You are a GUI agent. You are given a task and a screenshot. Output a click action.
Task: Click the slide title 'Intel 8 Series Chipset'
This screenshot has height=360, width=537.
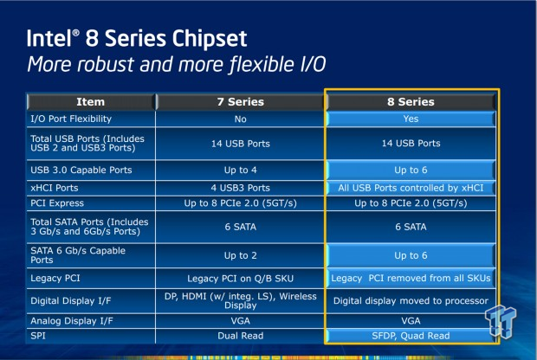137,38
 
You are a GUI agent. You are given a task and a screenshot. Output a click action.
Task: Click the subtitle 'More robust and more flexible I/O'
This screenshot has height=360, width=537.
176,64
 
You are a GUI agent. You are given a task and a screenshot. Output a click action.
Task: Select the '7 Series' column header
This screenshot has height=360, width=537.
241,101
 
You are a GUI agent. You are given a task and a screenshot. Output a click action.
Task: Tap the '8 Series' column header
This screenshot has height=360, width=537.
411,101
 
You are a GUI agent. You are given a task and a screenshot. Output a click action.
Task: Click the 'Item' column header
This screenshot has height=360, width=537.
90,101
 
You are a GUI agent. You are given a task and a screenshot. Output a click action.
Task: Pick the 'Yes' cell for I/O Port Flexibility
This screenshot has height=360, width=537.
411,119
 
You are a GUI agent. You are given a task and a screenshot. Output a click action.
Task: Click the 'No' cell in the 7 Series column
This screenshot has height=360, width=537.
241,119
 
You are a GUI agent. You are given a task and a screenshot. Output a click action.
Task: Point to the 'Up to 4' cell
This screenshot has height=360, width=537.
241,170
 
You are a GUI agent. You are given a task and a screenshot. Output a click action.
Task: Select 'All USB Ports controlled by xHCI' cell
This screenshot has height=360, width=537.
411,188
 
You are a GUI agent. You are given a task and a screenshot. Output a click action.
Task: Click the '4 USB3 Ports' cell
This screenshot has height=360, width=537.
241,188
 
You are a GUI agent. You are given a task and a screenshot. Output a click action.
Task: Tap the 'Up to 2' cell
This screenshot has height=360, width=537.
241,255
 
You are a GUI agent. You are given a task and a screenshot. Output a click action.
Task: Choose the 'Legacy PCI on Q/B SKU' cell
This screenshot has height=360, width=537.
241,279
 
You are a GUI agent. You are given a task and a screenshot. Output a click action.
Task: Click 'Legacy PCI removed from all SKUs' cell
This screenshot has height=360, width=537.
411,278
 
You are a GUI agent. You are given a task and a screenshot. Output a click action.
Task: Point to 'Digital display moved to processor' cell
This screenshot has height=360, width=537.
411,301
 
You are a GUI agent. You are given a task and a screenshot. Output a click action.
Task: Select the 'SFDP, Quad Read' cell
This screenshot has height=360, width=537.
411,336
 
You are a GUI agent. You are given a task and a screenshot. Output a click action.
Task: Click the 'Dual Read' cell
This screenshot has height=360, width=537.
241,336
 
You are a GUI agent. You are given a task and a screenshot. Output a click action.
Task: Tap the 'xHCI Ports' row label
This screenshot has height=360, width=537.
55,188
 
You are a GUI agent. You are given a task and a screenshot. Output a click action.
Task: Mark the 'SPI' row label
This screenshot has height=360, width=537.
38,336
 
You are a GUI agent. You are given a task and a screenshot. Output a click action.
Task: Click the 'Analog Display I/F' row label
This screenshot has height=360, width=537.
72,321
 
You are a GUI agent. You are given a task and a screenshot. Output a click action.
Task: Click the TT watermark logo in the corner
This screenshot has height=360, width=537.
501,321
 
